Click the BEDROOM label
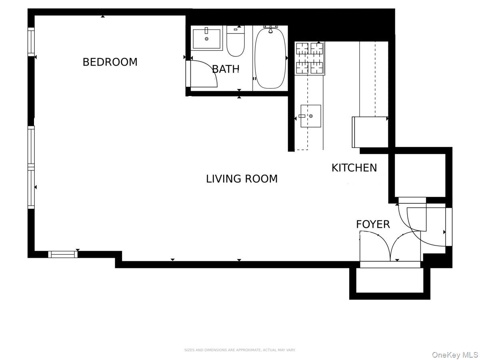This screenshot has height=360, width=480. point(110,62)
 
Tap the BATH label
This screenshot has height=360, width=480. point(226,69)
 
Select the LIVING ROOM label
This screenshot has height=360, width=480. point(242,179)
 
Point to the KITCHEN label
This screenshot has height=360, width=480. point(354,168)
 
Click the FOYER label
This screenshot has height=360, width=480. point(373,224)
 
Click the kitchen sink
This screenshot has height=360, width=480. point(311,116)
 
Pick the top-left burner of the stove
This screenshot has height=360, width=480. point(302,48)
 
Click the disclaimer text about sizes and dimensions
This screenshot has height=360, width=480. point(240,350)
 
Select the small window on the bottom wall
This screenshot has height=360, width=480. point(63,254)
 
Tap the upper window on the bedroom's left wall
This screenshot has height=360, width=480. point(31,42)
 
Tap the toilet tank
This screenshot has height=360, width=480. point(236,29)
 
